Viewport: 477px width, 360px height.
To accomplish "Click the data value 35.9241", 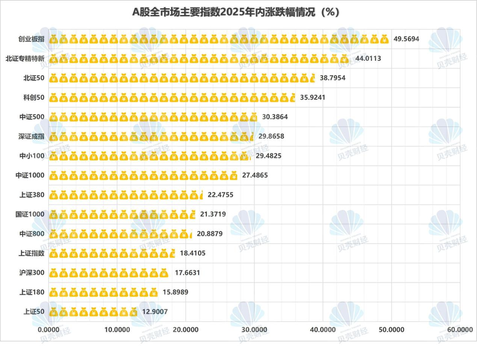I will [x=316, y=97].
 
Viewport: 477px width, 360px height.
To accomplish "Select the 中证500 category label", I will [x=32, y=117].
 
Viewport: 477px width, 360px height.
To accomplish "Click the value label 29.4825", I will [x=272, y=156].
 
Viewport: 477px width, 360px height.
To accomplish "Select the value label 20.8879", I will [x=210, y=233].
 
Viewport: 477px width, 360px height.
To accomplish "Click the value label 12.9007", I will [x=158, y=311].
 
